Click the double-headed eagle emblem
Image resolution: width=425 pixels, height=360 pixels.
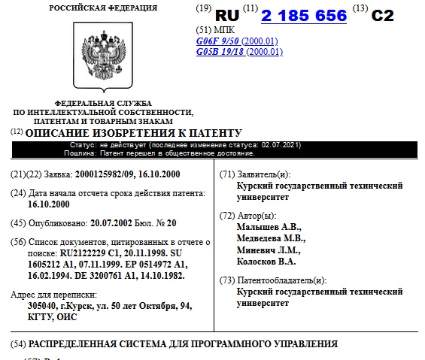(103, 57)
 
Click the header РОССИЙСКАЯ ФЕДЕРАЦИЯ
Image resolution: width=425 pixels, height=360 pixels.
(103, 8)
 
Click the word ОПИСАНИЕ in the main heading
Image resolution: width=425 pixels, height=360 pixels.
(56, 132)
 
